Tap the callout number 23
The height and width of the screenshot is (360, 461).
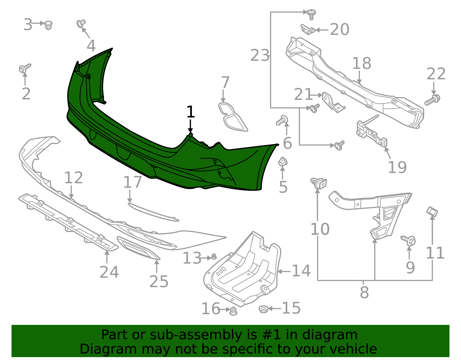260,55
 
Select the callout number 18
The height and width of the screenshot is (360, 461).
362,63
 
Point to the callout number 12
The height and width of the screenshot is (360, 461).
73,178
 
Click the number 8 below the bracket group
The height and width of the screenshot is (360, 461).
364,292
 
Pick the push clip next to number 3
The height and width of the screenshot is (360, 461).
48,25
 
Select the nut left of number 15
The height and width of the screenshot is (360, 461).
263,309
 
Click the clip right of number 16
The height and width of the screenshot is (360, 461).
233,311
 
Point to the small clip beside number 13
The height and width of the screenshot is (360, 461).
214,257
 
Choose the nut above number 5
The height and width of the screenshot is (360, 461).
283,162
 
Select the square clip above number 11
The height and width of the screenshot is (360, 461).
432,212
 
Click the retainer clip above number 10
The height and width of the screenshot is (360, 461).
319,183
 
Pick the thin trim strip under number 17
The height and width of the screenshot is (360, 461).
153,212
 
